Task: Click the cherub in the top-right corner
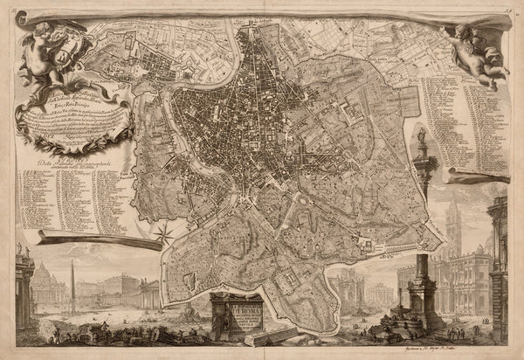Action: click(x=476, y=48)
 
